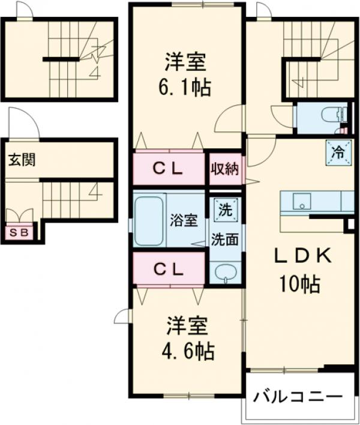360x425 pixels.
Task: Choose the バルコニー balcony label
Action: tap(297, 397)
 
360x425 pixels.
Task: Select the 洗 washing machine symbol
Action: tap(224, 210)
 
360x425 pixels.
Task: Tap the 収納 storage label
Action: tap(224, 169)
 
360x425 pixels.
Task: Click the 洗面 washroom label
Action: tap(224, 238)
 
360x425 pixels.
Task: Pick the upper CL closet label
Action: tap(167, 169)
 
